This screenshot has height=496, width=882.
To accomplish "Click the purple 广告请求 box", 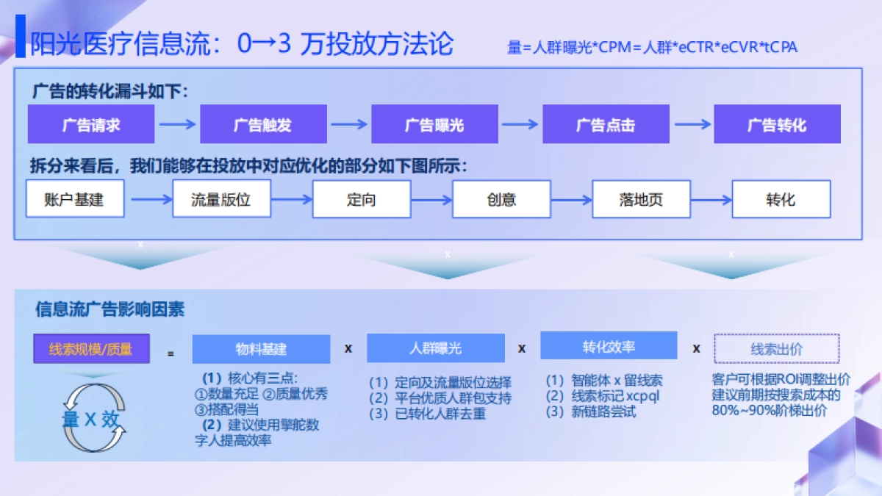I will (x=91, y=124).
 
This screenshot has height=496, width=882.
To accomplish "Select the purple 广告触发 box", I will (x=263, y=124).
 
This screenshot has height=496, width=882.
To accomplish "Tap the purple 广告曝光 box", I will (x=434, y=124).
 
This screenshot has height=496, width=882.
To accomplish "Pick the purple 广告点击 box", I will (x=606, y=124).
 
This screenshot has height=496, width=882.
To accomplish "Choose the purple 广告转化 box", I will (x=777, y=124).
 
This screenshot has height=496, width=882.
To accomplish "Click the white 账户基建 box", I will (x=75, y=199).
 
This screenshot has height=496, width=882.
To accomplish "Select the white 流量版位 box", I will (x=221, y=199).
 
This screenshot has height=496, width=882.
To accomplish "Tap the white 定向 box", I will (x=362, y=199).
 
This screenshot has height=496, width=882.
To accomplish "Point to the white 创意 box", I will (x=501, y=199).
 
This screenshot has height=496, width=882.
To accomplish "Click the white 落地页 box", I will (x=641, y=199).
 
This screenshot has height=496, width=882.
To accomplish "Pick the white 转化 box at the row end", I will (x=781, y=199).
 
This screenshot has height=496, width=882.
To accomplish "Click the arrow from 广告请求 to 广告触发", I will (x=177, y=124).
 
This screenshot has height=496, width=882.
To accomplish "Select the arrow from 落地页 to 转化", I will (x=711, y=199).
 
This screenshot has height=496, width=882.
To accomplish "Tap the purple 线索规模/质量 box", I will (x=91, y=349).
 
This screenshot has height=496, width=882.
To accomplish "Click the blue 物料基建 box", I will (x=261, y=349).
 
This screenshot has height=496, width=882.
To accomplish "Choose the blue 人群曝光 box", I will (x=436, y=348).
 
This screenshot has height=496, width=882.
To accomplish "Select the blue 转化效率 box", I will (x=609, y=346).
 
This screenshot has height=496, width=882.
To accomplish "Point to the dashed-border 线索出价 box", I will (x=777, y=349).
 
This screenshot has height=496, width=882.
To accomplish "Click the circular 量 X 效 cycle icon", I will (x=91, y=419).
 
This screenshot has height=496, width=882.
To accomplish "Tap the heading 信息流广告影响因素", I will (x=110, y=309).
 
